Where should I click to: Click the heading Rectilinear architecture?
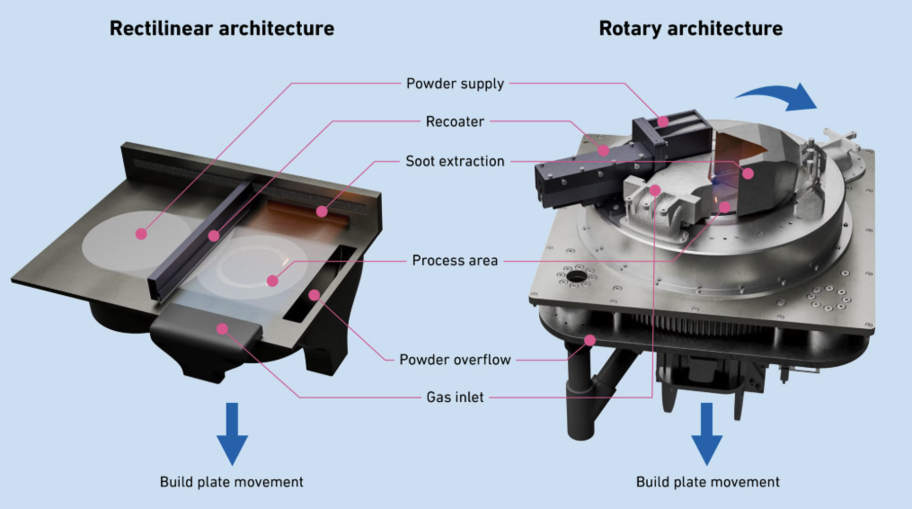point(222,29)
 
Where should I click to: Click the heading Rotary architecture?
point(690,29)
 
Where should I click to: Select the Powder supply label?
point(456,84)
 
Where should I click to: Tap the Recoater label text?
point(456,121)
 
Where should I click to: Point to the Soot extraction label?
point(455,162)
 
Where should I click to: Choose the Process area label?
point(455,261)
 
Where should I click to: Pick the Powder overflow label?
point(455,360)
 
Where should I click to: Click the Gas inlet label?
point(455,397)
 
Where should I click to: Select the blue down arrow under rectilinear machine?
point(232,433)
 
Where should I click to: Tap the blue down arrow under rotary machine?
point(707,433)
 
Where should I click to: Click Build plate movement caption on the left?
point(232,482)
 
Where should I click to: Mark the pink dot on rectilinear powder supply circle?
point(140,234)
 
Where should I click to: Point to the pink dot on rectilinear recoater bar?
point(214,237)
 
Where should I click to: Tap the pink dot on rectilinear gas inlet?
point(222,328)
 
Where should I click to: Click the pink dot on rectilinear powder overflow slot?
point(314,294)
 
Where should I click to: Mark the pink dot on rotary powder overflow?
point(590,339)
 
